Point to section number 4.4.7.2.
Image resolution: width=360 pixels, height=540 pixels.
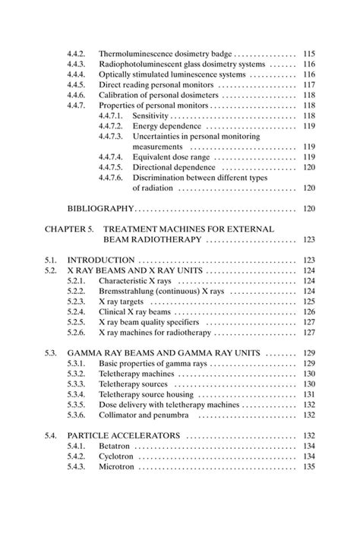pos(112,125)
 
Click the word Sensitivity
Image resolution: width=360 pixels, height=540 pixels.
pos(153,115)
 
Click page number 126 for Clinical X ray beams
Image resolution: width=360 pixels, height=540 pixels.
pos(308,311)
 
